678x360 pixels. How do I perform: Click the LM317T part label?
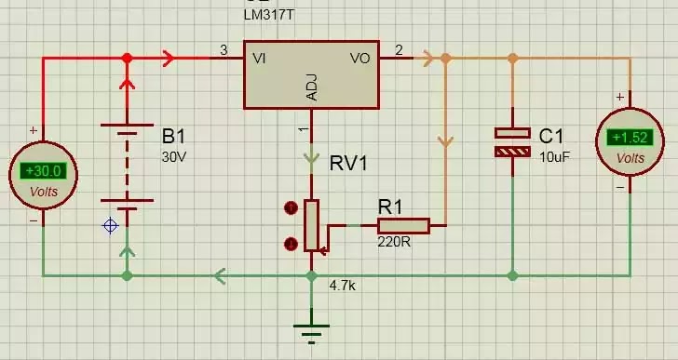pos(269,15)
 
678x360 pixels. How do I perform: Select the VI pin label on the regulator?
pos(259,59)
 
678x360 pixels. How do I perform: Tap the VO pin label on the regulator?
pos(360,59)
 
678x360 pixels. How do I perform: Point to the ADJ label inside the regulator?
pos(311,87)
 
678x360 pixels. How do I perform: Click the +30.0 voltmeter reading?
pos(43,171)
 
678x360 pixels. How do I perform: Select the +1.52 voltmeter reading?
pos(630,138)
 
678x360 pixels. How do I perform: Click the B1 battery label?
pos(173,137)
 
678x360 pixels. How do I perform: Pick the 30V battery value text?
pos(174,156)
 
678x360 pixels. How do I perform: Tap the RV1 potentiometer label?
pos(348,164)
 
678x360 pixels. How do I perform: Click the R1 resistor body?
pos(403,226)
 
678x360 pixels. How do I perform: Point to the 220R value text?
pos(394,242)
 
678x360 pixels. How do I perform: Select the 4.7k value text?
pos(343,286)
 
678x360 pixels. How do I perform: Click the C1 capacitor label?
pos(551,137)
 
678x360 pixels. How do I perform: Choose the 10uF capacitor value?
pos(554,157)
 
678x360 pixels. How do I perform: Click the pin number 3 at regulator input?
pos(224,50)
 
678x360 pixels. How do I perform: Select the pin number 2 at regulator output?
pos(399,50)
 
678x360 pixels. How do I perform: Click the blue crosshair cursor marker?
pos(110,226)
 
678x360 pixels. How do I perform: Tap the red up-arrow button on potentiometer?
pos(291,208)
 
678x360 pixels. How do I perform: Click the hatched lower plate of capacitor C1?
pos(512,152)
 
